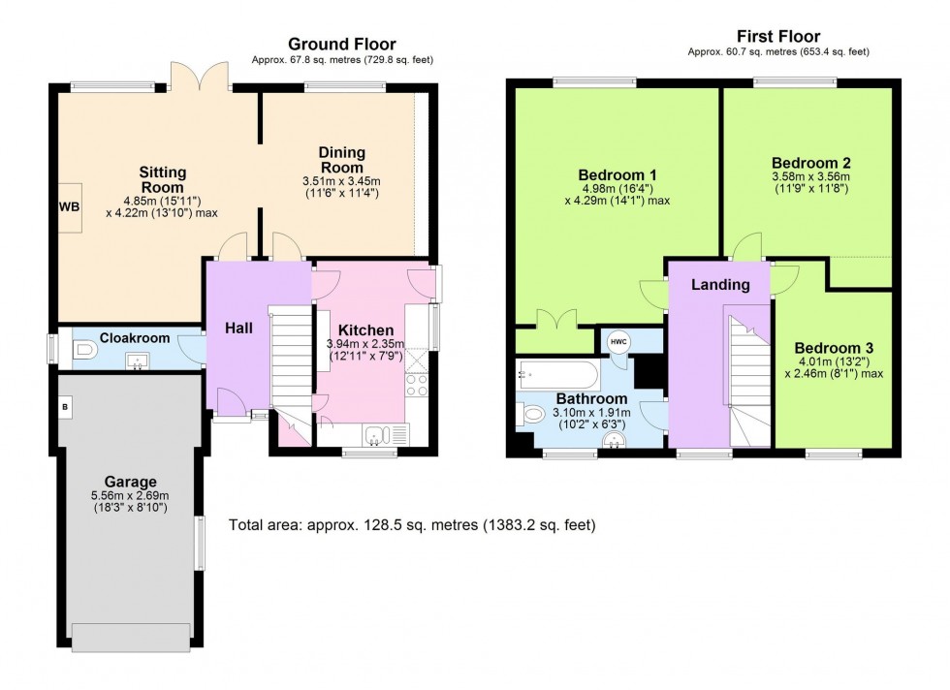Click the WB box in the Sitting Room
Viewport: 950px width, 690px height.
69,206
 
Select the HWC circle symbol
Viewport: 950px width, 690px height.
617,341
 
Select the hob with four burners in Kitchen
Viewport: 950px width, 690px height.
418,388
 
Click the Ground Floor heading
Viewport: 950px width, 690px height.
342,45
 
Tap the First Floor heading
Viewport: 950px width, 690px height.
777,37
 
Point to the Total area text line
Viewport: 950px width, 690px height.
412,525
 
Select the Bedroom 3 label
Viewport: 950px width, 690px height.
827,348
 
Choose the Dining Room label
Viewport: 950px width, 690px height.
341,159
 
